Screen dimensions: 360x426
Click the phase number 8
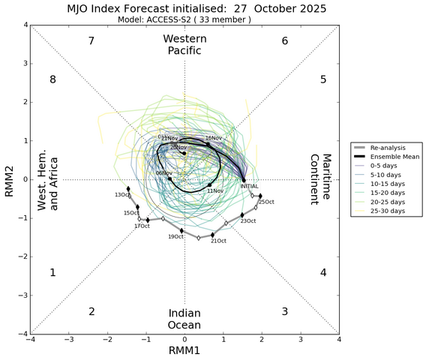tap(52, 79)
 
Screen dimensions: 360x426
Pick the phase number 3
tap(284, 311)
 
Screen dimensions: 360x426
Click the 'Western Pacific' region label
tap(184, 44)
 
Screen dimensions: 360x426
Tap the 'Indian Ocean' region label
tap(184, 318)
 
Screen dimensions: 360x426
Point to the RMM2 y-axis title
tap(10, 180)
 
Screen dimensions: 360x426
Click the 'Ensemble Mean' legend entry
tap(393, 157)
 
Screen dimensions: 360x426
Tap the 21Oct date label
tap(218, 241)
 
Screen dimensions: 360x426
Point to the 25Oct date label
tap(266, 202)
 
